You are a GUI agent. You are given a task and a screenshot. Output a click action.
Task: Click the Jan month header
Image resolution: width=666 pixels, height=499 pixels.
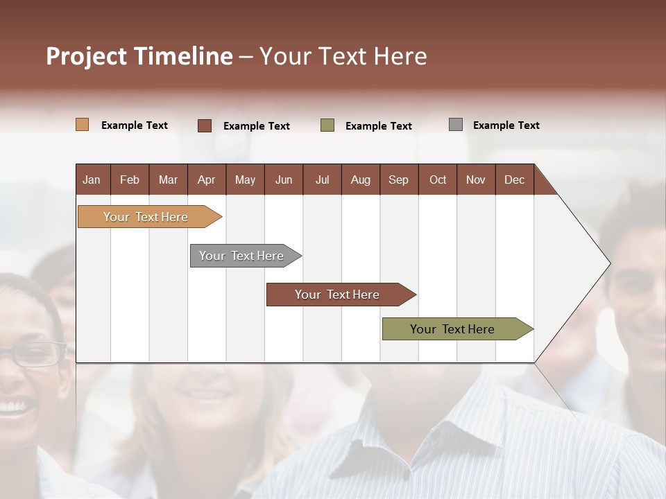92,180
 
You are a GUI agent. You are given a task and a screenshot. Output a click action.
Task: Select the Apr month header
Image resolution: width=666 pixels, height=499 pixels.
207,180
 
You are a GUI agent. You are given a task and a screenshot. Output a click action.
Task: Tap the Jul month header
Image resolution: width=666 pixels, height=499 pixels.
322,180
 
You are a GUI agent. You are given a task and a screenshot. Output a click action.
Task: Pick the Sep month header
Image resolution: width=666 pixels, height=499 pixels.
399,180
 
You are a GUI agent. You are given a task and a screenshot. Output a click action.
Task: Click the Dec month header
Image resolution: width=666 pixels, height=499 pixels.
514,180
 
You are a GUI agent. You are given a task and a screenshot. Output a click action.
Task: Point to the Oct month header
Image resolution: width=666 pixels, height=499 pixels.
438,180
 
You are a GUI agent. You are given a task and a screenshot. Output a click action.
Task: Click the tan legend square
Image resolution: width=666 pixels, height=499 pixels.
83,125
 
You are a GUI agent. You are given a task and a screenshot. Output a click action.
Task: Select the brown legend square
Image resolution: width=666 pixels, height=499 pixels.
205,125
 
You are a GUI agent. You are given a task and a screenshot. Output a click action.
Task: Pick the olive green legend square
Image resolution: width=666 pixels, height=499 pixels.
327,125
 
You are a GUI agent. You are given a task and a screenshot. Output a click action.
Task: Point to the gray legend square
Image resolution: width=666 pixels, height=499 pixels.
456,125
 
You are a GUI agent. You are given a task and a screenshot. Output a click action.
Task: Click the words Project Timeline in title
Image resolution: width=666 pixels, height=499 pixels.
139,56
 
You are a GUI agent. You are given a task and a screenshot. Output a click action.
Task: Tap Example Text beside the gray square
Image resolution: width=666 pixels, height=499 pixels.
506,125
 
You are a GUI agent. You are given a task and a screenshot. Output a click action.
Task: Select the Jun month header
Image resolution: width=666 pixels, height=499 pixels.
284,180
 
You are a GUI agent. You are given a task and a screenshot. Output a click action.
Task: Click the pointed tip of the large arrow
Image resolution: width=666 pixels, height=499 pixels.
608,263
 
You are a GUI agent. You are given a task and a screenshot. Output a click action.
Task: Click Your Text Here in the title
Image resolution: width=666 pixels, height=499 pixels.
343,56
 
